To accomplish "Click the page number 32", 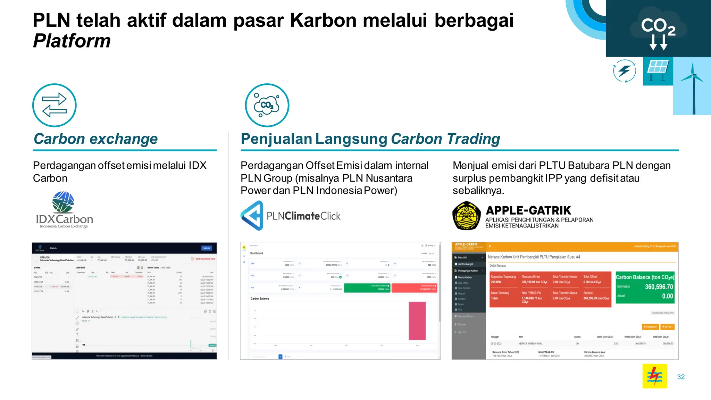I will (x=681, y=377).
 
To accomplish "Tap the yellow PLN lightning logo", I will (x=654, y=376).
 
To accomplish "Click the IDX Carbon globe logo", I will (x=63, y=202).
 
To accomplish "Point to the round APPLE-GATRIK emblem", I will (x=467, y=216).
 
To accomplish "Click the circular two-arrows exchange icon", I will (x=55, y=105).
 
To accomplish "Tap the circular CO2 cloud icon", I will (x=267, y=105).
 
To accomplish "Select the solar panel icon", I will (x=658, y=69).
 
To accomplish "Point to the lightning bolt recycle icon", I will (x=624, y=71).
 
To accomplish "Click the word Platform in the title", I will (x=72, y=41).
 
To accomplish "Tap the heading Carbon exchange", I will (x=95, y=139).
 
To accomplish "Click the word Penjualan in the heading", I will (x=276, y=139).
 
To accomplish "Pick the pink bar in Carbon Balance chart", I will (x=417, y=321).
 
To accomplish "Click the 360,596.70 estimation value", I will (x=659, y=287).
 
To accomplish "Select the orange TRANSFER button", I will (x=650, y=327).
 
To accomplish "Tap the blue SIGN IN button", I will (x=207, y=248).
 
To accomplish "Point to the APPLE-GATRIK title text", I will (x=528, y=210).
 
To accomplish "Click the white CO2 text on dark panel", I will (x=658, y=26).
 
